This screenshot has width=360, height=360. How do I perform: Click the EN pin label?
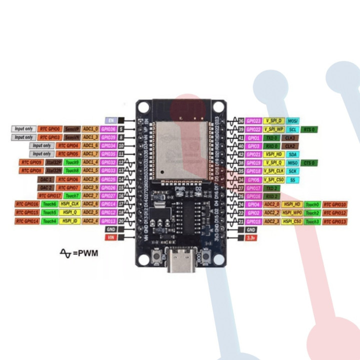pos(111,120)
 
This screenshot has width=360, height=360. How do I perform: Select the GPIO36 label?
pos(108,129)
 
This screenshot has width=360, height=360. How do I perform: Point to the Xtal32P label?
pos(54,162)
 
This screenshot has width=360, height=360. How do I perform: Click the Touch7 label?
pos(72,195)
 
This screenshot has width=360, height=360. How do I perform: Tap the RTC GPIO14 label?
pos(27,220)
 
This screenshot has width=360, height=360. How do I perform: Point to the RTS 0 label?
pos(310,129)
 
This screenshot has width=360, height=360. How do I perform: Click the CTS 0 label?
pos(310,162)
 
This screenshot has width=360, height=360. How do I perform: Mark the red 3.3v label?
pos(251,237)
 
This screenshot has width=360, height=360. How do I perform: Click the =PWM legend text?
pos(85,253)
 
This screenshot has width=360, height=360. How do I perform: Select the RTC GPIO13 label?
pos(334,221)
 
